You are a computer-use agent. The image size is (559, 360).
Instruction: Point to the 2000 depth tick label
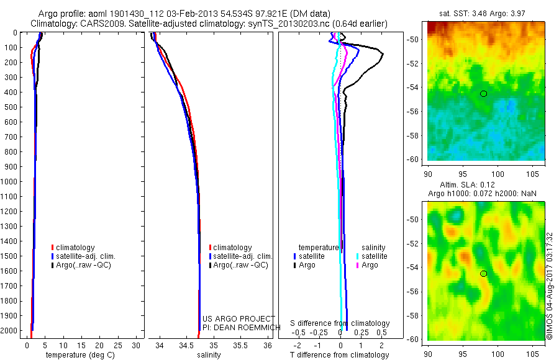(x=10, y=331)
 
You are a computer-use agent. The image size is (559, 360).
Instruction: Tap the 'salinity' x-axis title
(x=209, y=355)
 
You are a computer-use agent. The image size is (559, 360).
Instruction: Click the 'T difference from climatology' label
(x=340, y=355)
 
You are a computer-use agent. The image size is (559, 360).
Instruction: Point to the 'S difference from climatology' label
(x=340, y=323)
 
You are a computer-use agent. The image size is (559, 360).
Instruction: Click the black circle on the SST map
(x=483, y=94)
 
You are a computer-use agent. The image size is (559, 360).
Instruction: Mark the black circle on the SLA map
(x=483, y=274)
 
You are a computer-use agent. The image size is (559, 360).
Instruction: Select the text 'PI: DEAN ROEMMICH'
(x=237, y=327)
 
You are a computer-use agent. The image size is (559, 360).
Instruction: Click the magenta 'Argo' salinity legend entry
(x=370, y=265)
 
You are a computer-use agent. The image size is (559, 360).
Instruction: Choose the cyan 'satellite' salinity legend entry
(x=374, y=256)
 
